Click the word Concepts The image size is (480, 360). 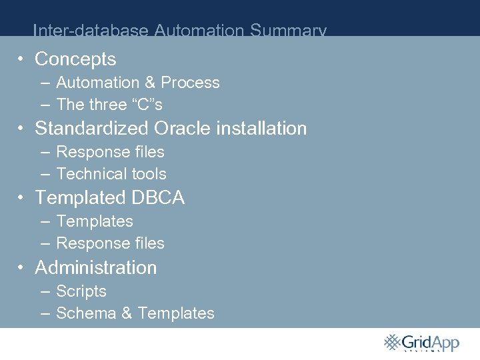tap(75, 59)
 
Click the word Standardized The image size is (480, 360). tap(92, 128)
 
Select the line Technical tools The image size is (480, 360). tap(111, 174)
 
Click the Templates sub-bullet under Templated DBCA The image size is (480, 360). tap(95, 221)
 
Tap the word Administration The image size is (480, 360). tap(96, 267)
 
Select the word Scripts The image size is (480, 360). tap(81, 291)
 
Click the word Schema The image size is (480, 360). tap(86, 313)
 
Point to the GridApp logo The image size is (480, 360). tap(421, 343)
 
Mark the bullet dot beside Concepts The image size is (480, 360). tap(22, 59)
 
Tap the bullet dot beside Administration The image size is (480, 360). tap(22, 267)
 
